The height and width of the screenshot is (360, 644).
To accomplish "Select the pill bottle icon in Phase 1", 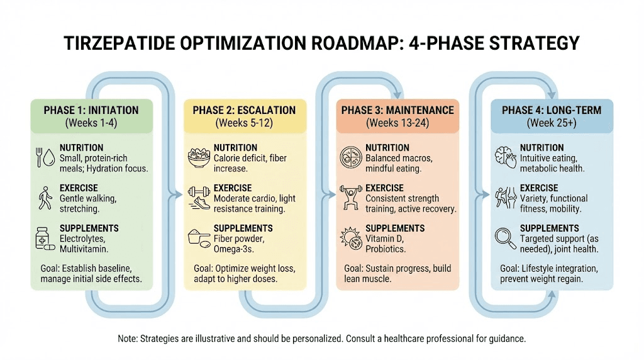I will point(43,239).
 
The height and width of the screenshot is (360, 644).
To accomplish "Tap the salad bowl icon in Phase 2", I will point(199,157).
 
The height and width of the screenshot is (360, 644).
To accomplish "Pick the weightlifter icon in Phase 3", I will point(351,196).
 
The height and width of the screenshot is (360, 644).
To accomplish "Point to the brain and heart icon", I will point(504,157).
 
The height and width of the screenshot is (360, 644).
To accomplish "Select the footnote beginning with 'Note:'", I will point(321,339).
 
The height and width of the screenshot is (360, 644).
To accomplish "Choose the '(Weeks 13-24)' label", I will point(397,123).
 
